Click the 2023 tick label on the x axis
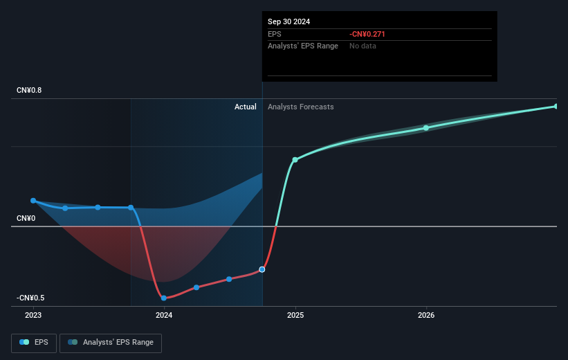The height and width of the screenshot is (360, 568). tap(33, 315)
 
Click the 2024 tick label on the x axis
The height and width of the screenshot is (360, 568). tap(164, 315)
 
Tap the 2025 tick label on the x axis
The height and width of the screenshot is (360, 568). tap(295, 315)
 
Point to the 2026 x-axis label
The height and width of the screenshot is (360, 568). tap(426, 315)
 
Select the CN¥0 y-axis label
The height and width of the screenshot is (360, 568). tap(26, 219)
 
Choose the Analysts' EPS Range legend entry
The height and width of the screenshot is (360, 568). tap(111, 343)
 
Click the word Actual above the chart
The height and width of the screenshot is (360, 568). tap(245, 107)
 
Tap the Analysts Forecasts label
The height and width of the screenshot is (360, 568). tap(300, 107)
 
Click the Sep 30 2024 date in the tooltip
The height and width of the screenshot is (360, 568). tap(289, 21)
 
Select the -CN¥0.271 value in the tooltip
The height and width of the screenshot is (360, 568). tap(367, 34)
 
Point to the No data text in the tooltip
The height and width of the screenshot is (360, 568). tap(363, 46)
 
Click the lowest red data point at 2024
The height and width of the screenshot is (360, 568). tap(164, 298)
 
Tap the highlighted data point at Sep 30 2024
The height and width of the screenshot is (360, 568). tap(262, 269)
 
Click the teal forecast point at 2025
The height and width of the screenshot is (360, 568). tap(295, 160)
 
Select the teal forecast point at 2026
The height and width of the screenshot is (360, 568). tap(426, 128)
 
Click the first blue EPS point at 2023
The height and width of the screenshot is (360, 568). tap(33, 201)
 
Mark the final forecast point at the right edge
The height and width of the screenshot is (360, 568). tap(556, 107)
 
